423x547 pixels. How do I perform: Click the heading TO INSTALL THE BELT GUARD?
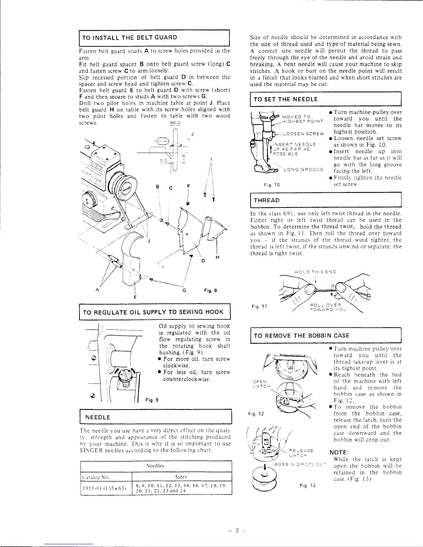pos(130,38)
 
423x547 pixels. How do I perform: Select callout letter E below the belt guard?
pos(135,297)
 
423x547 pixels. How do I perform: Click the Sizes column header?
pos(181,477)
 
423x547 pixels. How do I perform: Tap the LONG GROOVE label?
pos(303,170)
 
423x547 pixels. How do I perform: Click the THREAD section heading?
pos(267,201)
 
